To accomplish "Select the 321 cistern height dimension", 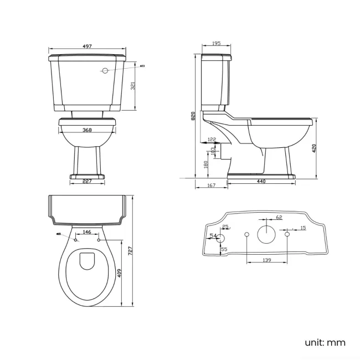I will (x=133, y=85).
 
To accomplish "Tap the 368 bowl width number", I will (x=88, y=131).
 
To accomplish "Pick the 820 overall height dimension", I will (x=193, y=116).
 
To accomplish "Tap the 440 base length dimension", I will (x=261, y=182).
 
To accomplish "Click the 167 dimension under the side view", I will (x=211, y=186).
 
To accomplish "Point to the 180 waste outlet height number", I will (x=206, y=164).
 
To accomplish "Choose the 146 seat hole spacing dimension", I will (x=88, y=232).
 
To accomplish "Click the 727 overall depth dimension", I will (x=130, y=250).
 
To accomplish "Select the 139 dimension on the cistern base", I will (x=266, y=259).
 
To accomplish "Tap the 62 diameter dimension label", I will (x=279, y=217).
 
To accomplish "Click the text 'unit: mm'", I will (x=325, y=342).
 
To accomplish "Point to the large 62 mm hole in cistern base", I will (x=267, y=234).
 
